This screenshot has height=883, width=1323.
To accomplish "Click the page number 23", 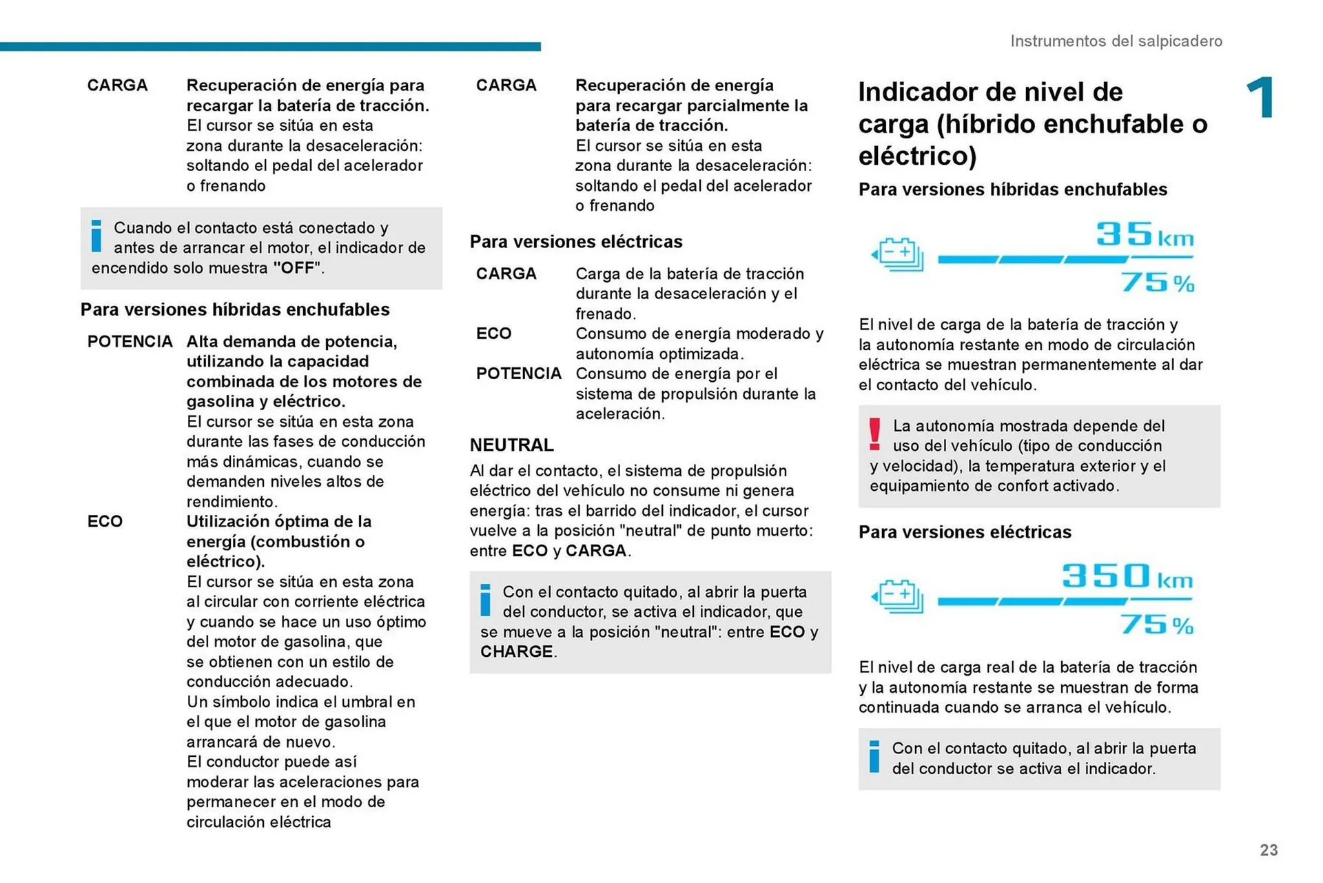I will (1268, 850).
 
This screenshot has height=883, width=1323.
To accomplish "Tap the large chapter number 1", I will (1260, 98).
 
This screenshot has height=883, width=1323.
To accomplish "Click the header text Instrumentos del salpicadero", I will (1116, 41).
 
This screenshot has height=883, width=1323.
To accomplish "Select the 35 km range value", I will (1144, 235).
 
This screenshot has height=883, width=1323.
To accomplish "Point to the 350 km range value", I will (1127, 576).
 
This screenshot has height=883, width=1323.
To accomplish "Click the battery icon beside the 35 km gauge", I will (898, 254).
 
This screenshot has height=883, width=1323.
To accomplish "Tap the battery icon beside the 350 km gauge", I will (898, 596).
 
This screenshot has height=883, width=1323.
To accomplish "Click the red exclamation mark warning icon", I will (874, 434).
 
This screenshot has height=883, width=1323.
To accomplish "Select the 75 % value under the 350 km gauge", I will (1156, 625).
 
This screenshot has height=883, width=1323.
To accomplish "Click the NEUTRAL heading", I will (511, 445).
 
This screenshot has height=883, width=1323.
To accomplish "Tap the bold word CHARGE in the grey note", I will (516, 652).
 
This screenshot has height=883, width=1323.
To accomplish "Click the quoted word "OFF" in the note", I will (297, 268).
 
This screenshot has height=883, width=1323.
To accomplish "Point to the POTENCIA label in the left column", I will (130, 342).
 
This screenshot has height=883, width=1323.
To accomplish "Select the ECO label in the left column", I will (105, 522).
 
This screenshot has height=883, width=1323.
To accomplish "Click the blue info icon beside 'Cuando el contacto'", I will (96, 236).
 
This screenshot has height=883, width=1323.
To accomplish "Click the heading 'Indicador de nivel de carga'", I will (1032, 124).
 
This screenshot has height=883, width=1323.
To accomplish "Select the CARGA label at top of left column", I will (117, 85).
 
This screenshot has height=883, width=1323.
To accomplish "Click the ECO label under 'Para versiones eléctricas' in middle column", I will (493, 334).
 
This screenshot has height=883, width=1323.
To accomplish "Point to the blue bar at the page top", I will (270, 47).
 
